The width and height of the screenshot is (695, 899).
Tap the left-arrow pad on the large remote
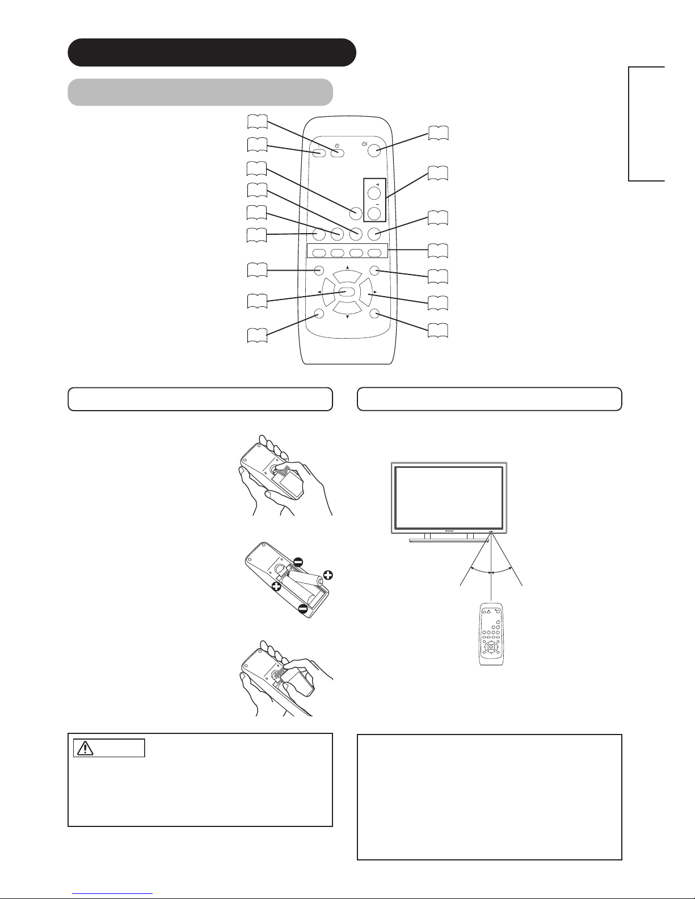point(329,292)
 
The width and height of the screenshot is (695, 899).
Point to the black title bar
point(212,52)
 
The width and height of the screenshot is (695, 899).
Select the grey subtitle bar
point(200,92)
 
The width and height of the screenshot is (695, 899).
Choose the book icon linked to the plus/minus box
point(437,174)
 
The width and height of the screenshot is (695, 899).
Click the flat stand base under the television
point(449,540)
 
